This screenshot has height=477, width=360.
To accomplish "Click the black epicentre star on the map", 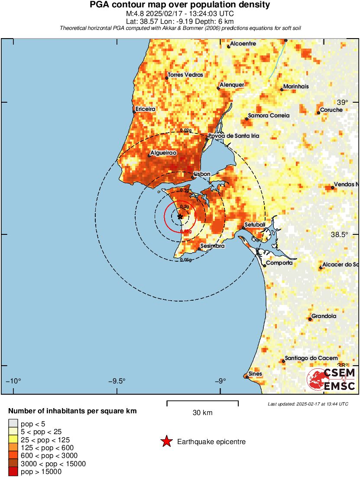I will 180,216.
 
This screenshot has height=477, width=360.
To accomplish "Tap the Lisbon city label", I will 202,174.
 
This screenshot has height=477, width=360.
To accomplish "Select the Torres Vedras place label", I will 185,75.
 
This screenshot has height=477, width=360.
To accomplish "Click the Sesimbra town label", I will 212,246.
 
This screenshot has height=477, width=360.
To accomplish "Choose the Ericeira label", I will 145,109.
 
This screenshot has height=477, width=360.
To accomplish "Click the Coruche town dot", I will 318,113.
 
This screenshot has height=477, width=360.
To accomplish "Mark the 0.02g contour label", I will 185,130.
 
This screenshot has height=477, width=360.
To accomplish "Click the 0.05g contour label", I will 185,260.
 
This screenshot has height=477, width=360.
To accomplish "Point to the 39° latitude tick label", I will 342,103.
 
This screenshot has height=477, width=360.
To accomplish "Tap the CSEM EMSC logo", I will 331,379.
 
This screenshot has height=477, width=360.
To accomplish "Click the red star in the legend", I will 166,442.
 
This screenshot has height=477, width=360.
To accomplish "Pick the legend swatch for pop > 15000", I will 13,471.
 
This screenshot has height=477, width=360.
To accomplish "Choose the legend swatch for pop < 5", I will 13,424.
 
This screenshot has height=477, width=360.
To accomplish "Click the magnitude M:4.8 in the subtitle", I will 132,13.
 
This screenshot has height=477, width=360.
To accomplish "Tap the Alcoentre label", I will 243,44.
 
